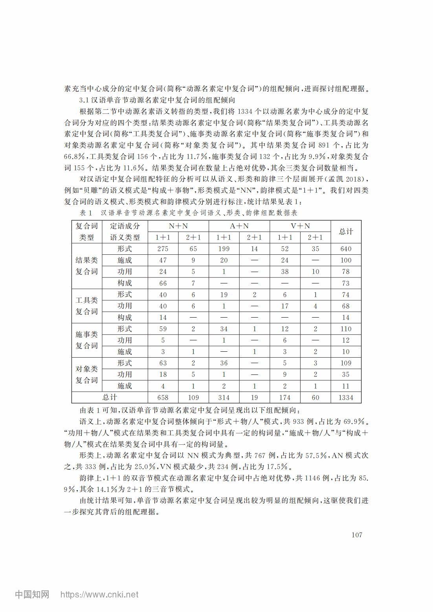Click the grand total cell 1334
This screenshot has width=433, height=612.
(346, 398)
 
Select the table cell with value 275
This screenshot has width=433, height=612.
(163, 249)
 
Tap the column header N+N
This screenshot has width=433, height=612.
(178, 226)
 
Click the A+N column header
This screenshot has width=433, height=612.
(239, 226)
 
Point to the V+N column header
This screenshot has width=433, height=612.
(300, 226)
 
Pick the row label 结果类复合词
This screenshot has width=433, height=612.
(86, 266)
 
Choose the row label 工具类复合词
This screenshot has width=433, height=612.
(86, 306)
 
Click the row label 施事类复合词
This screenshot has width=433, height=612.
(86, 340)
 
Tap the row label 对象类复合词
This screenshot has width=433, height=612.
(86, 375)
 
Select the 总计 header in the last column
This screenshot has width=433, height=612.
(346, 232)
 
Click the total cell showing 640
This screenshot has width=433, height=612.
(346, 249)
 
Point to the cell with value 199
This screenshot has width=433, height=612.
(224, 249)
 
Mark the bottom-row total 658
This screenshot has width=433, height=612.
(163, 398)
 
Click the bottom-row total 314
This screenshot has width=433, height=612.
(224, 398)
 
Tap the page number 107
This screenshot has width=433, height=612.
(357, 535)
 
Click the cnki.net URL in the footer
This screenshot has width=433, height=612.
(99, 595)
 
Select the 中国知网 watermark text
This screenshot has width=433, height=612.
(32, 594)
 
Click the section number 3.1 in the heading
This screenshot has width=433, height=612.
(84, 100)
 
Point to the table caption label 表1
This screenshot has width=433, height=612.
(86, 213)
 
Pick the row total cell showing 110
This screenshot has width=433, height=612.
(346, 329)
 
